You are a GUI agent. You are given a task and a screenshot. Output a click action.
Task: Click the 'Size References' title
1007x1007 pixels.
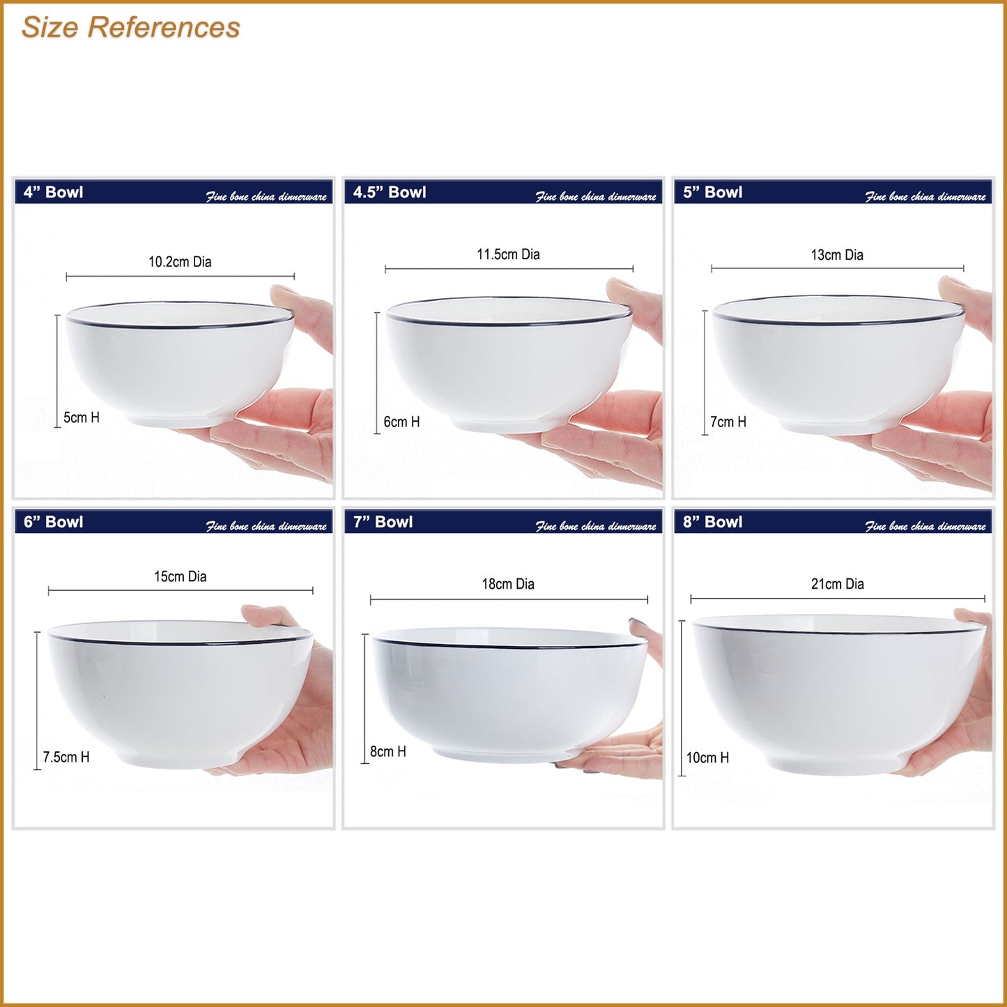[x=130, y=27]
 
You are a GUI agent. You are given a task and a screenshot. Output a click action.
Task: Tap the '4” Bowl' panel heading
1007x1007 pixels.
[x=53, y=192]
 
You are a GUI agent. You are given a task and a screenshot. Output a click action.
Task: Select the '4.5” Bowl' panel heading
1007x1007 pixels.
[x=390, y=192]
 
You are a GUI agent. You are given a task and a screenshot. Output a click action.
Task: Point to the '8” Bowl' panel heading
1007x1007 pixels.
[x=713, y=521]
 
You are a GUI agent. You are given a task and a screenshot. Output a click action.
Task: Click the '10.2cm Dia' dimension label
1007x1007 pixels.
[x=180, y=262]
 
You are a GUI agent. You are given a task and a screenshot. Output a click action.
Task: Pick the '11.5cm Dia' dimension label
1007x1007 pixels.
[x=509, y=254]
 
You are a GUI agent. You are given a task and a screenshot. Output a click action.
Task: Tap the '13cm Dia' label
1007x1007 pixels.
[x=837, y=255]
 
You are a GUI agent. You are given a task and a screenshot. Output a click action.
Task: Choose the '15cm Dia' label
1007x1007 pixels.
[x=180, y=576]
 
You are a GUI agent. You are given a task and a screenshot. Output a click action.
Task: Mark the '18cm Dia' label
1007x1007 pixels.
[x=508, y=584]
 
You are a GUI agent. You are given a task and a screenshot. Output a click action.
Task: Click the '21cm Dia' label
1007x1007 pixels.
[x=838, y=584]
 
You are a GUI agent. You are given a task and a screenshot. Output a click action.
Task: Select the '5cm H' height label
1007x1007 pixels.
[x=82, y=417]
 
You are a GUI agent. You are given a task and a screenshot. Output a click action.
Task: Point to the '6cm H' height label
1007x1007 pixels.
[x=402, y=422]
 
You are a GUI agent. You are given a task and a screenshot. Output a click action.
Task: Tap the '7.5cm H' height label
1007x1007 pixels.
[x=66, y=757]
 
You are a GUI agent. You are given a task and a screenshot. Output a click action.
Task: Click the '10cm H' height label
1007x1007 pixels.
[x=707, y=758]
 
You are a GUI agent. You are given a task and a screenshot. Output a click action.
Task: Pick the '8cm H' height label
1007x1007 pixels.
[x=388, y=751]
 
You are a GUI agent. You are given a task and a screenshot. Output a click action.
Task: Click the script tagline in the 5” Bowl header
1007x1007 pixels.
[x=925, y=197]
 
